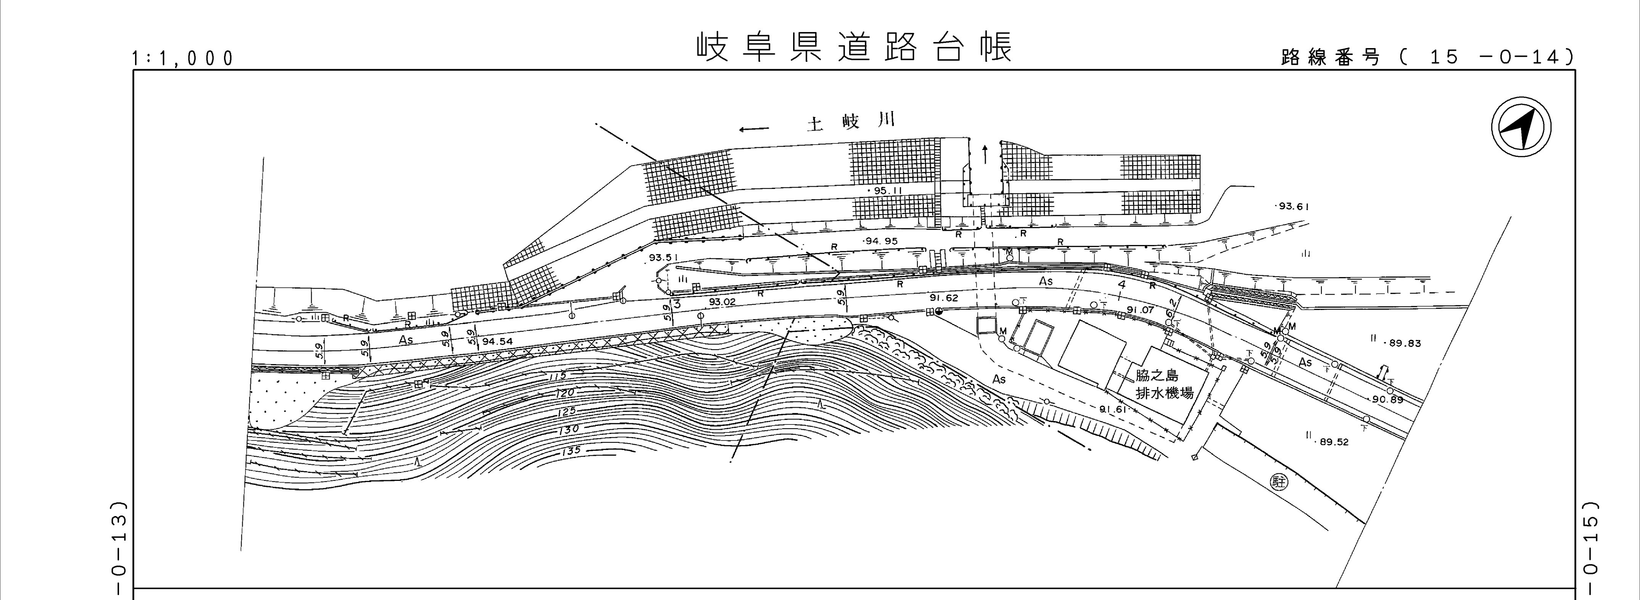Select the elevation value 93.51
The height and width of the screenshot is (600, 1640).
664,257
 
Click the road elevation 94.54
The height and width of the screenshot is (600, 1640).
497,341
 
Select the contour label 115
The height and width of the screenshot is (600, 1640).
557,377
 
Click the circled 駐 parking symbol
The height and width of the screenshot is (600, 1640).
1278,482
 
